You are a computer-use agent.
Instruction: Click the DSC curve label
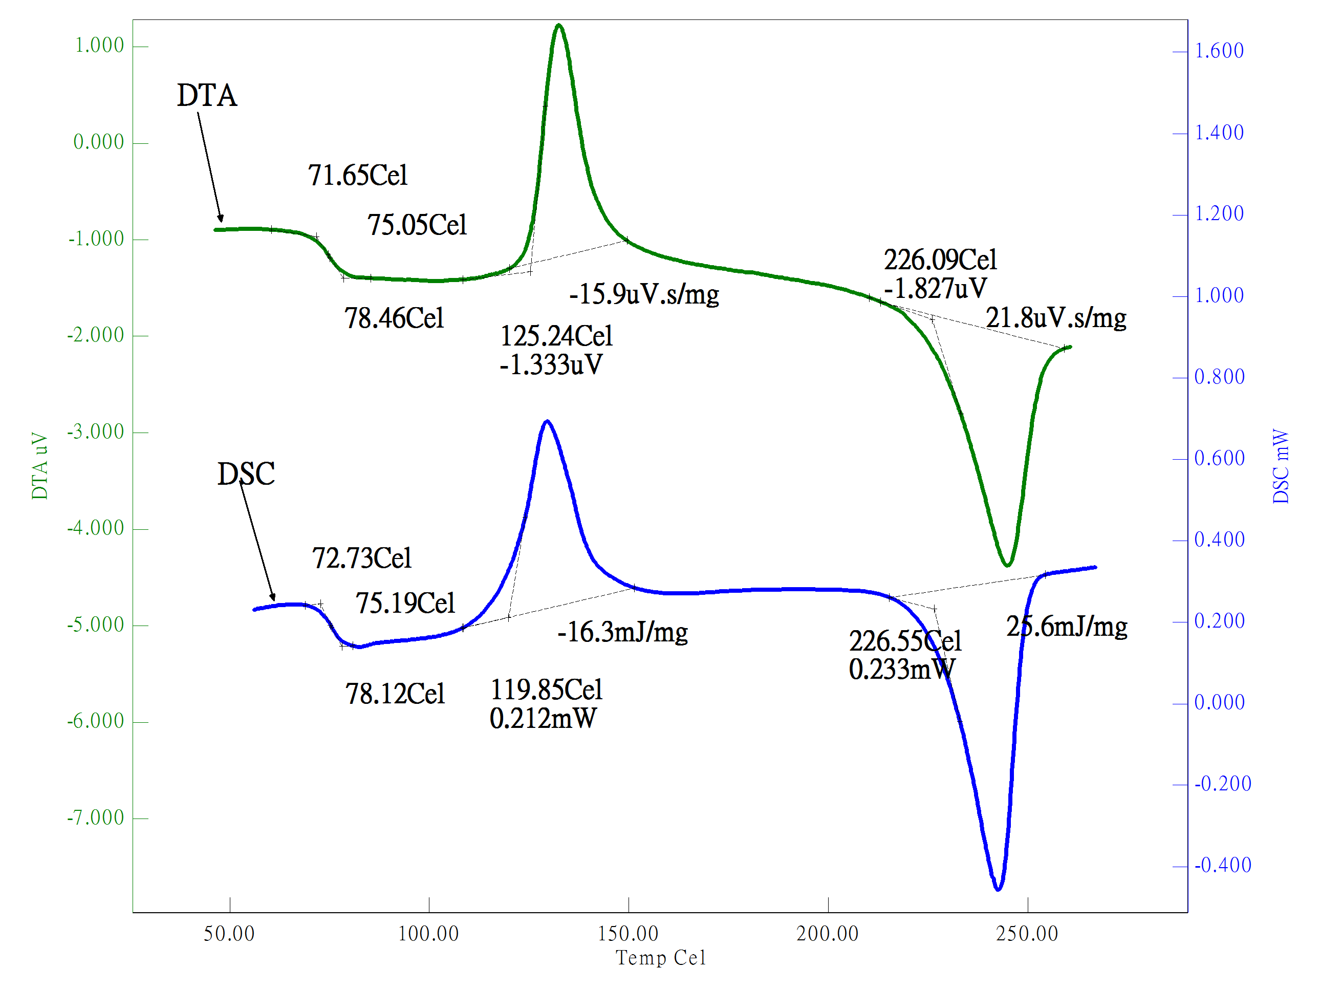coord(246,474)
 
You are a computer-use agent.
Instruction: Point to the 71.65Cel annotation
coord(357,176)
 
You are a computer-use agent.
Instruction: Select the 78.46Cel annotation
coord(394,318)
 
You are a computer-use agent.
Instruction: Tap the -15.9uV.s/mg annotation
coord(644,294)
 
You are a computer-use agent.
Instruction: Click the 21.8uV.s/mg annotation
coord(1056,317)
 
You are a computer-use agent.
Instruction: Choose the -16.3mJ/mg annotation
coord(622,632)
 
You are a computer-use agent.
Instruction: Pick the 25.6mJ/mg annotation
coord(1066,627)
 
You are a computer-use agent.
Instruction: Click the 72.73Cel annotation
coord(362,558)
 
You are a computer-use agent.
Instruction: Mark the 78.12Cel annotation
coord(395,694)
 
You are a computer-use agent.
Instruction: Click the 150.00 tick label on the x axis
coord(628,934)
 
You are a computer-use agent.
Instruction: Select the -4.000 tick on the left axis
coord(96,528)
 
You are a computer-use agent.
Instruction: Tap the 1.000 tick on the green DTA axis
coord(99,46)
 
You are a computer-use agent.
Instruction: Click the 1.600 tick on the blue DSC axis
coord(1219,51)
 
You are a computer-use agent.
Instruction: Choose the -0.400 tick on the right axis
coord(1222,865)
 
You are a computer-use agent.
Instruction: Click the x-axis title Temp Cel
coord(661,958)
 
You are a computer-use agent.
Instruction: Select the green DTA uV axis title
coord(39,466)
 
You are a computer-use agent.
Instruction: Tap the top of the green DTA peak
coord(558,25)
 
